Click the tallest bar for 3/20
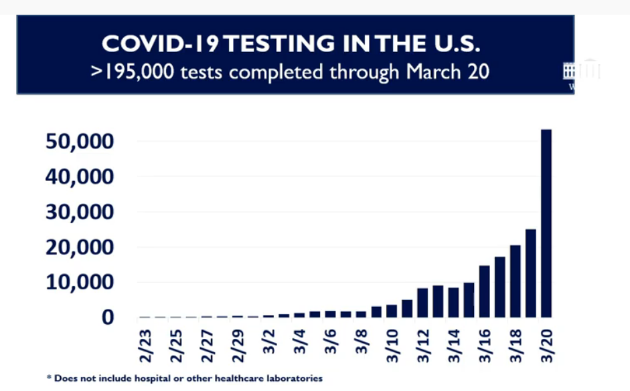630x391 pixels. (546, 223)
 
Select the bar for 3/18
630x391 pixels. (516, 281)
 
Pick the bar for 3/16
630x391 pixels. (484, 291)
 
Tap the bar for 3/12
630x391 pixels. (422, 303)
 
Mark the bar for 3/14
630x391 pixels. (453, 302)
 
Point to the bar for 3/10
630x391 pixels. (392, 311)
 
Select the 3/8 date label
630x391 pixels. (362, 341)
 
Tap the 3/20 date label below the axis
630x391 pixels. (546, 344)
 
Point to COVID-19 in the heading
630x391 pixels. (161, 44)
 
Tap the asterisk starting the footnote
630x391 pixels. (48, 378)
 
